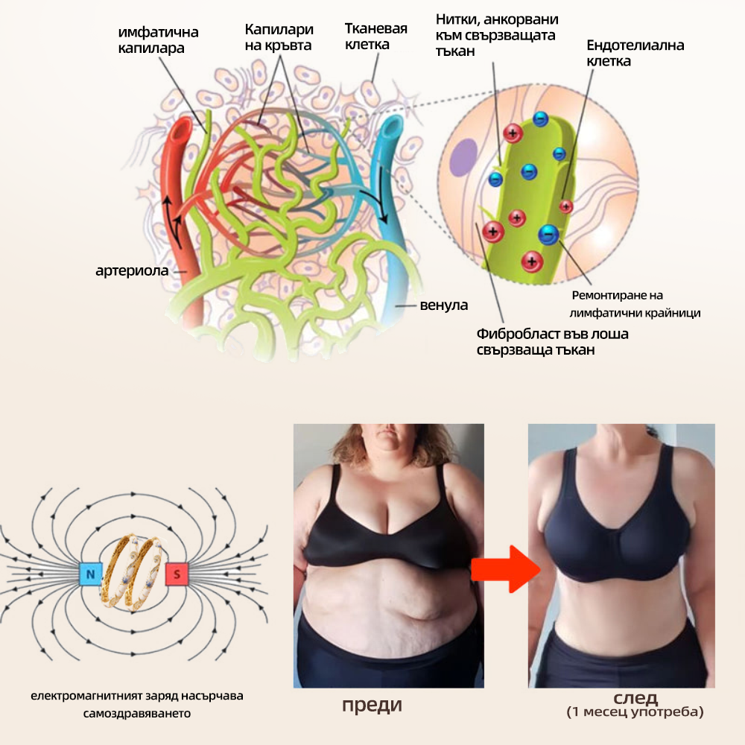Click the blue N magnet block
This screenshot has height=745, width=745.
click(90, 574)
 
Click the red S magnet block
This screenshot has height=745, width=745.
click(177, 574)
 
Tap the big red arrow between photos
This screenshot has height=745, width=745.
click(506, 568)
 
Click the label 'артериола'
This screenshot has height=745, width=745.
click(132, 271)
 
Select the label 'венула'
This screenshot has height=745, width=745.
click(444, 305)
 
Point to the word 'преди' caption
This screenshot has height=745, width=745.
click(372, 705)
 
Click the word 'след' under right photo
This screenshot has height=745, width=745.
click(635, 697)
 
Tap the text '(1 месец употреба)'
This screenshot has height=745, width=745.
click(635, 711)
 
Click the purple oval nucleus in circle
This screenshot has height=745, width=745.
click(463, 158)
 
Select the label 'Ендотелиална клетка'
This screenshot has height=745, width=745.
click(635, 53)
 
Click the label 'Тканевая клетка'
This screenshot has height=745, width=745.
click(375, 37)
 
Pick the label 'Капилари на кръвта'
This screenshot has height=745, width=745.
click(279, 37)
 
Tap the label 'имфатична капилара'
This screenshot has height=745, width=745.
click(158, 40)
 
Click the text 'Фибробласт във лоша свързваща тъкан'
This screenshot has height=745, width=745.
click(552, 342)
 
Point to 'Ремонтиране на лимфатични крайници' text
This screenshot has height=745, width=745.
click(635, 304)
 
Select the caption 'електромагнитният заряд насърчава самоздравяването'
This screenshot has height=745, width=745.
click(137, 705)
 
